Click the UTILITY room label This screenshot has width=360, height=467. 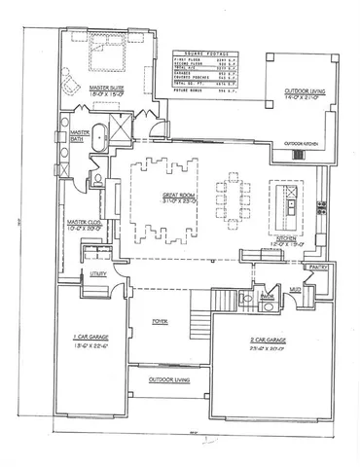(98, 276)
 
